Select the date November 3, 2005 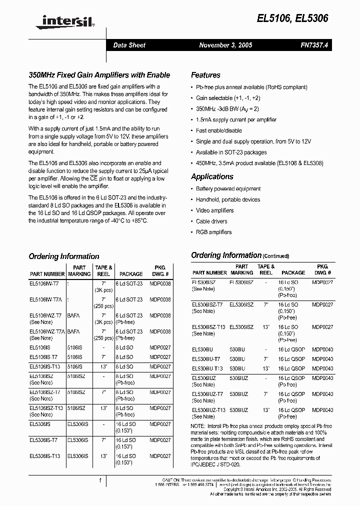click(x=225, y=45)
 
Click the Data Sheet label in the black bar click(x=129, y=45)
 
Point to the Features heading click(x=205, y=75)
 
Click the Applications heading click(x=212, y=176)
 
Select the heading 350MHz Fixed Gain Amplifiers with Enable click(x=99, y=75)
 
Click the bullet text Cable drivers click(x=211, y=221)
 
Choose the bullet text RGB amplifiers click(x=213, y=232)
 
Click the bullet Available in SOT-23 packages click(x=231, y=152)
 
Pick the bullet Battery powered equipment click(x=228, y=188)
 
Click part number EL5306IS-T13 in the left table click(x=44, y=456)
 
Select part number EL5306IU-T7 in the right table click(x=207, y=359)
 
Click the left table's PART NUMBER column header click(x=47, y=274)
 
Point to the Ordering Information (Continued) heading click(x=233, y=255)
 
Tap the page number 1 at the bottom click(x=100, y=481)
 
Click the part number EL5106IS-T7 click(x=43, y=357)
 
